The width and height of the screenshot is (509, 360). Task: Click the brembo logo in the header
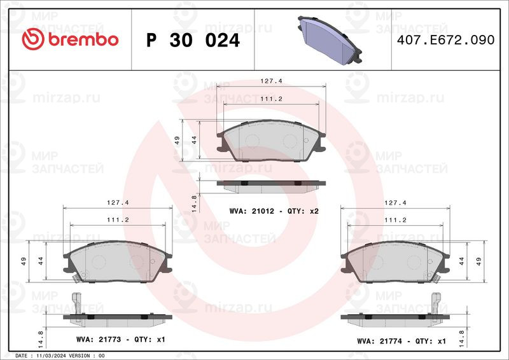coord(70,39)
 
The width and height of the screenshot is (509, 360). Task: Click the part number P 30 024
coord(193,40)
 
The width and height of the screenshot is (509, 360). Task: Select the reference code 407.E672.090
coord(446,40)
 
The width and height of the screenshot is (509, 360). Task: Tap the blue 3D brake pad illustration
coord(330,40)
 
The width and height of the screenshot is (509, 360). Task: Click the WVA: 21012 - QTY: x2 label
coord(274,211)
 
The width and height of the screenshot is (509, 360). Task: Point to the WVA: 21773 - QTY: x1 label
coord(121,339)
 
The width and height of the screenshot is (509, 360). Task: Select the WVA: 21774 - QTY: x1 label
coord(401,341)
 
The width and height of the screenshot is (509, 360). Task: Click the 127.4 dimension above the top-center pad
coord(272,81)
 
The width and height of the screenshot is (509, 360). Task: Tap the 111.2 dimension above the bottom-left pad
coord(118,220)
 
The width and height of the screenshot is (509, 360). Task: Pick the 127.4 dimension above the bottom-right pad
coord(395,202)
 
